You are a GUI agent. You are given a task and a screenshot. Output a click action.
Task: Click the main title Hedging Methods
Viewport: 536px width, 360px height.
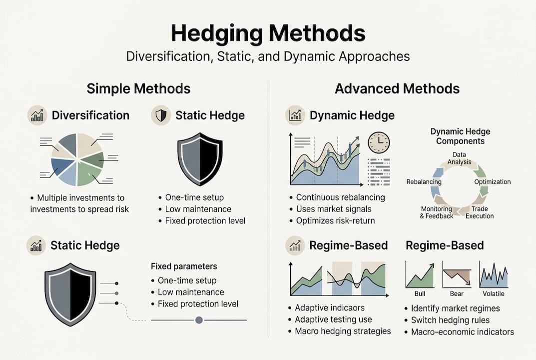[x=268, y=33]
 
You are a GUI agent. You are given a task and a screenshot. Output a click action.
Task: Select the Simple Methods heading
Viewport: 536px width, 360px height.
[x=138, y=88]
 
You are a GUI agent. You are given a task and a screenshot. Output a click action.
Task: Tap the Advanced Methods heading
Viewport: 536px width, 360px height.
[x=397, y=88]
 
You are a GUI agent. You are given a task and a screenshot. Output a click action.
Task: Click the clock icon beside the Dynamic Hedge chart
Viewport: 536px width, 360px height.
[x=379, y=142]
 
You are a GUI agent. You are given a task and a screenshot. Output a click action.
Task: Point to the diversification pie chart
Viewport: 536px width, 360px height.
[x=77, y=159]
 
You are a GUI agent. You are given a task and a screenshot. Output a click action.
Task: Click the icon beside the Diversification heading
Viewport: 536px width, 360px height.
[x=37, y=115]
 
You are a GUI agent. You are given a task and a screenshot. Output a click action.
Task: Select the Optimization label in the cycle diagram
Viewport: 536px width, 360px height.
[x=492, y=182]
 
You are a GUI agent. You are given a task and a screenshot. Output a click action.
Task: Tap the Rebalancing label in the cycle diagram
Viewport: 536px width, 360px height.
[x=424, y=182]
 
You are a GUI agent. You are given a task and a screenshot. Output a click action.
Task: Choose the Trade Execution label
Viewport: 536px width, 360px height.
[x=480, y=212]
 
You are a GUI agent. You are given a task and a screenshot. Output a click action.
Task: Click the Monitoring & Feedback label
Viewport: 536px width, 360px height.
[x=437, y=212]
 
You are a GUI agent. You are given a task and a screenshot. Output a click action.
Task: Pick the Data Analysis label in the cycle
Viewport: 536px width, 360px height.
[x=459, y=158]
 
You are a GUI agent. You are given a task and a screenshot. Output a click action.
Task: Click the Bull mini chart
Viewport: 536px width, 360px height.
[x=420, y=274]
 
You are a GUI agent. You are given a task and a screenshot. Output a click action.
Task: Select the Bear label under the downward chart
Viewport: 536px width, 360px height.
[x=457, y=293]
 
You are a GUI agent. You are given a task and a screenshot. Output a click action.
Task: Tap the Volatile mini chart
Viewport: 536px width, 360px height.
[x=493, y=274]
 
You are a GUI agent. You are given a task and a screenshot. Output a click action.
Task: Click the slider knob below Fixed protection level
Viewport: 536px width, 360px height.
[x=199, y=319]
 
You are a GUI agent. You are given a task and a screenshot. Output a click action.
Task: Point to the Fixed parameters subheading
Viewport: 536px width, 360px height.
[x=184, y=266]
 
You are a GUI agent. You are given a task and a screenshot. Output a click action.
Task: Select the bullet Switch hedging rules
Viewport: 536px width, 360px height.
[x=450, y=320]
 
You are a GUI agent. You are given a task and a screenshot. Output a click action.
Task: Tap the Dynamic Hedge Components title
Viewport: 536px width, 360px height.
[x=460, y=136]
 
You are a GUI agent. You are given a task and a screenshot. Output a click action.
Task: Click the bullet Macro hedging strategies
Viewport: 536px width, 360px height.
[x=343, y=331]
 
